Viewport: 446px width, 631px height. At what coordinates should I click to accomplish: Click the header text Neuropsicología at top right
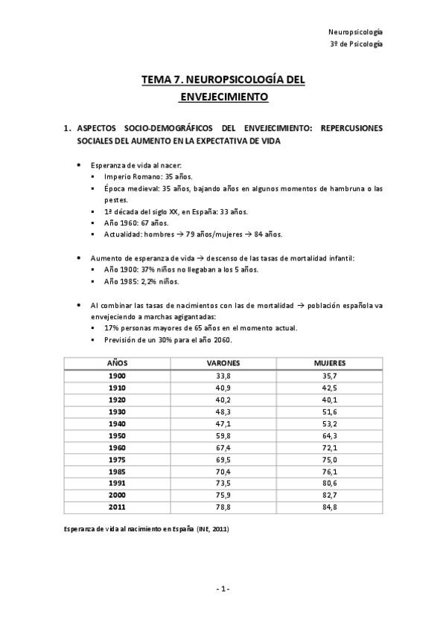356,31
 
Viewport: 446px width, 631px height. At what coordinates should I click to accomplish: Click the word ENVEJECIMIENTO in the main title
223,97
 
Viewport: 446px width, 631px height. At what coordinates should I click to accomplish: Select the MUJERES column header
330,362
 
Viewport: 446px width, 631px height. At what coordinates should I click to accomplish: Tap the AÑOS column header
117,362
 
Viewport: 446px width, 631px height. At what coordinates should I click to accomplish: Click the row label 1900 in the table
117,376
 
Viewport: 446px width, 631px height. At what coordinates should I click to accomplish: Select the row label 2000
117,495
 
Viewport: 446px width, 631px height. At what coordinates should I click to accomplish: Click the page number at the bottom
223,589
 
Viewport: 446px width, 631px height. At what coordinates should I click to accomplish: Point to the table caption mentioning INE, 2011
145,529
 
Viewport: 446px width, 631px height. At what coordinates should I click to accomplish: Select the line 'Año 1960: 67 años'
136,222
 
